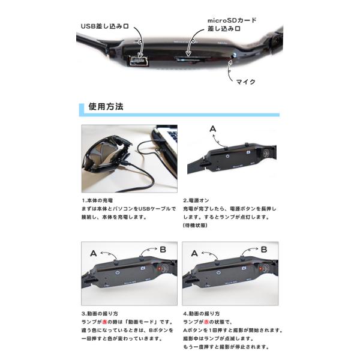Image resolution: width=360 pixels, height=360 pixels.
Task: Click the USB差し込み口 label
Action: click(104, 26)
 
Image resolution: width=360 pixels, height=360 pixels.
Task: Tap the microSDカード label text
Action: click(232, 20)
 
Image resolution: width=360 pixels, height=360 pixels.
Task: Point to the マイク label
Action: click(246, 82)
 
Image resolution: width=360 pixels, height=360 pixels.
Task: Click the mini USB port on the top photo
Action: click(137, 61)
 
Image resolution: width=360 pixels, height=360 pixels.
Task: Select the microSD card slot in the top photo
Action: click(193, 59)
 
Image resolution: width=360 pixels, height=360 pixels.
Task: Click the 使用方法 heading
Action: click(106, 107)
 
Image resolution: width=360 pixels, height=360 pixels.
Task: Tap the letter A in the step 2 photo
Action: click(213, 129)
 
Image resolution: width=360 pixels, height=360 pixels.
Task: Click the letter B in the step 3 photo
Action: click(163, 250)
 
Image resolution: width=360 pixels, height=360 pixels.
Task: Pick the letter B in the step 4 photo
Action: click(264, 250)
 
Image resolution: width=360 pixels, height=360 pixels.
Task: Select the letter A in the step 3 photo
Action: click(94, 253)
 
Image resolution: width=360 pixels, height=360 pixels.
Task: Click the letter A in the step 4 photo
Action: click(194, 253)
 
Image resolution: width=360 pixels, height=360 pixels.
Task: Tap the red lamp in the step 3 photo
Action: click(158, 268)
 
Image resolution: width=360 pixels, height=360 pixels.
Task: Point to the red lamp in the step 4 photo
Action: click(260, 268)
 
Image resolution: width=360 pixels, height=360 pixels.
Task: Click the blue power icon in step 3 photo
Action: click(118, 272)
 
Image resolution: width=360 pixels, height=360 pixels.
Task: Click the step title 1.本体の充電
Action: click(97, 200)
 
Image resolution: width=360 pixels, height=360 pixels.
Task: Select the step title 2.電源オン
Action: click(196, 200)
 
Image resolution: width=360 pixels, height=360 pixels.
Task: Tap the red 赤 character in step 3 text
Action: click(104, 322)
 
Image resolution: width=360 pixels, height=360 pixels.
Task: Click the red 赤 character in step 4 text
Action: click(206, 322)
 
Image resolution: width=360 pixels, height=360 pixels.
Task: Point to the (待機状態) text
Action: click(195, 225)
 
